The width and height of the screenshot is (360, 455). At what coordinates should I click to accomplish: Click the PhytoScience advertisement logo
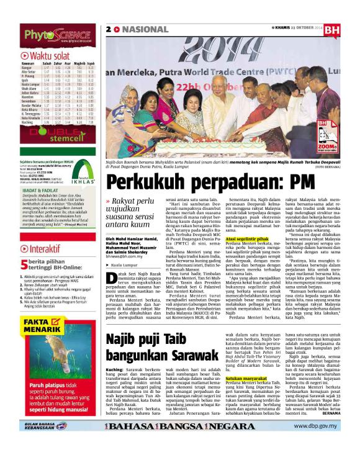tap(52, 37)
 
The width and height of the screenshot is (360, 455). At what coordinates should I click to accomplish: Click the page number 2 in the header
tap(109, 29)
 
